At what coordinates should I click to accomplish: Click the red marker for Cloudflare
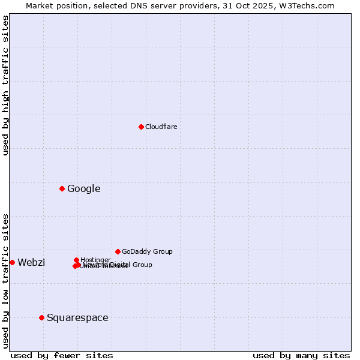click(x=141, y=127)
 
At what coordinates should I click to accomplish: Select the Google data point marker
click(x=62, y=189)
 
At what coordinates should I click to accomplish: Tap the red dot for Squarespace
click(x=41, y=317)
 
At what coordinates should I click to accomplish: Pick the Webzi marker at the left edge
click(x=12, y=262)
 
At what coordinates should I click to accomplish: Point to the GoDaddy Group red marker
click(x=118, y=251)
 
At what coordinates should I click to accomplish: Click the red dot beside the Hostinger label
click(x=76, y=260)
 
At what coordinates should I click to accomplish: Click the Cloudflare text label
click(x=161, y=127)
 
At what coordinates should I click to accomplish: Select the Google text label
click(x=83, y=189)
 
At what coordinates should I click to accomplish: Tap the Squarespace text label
click(x=77, y=317)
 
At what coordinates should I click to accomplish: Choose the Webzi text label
click(x=31, y=262)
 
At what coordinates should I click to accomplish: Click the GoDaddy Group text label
click(x=147, y=251)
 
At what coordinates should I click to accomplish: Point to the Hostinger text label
click(x=95, y=260)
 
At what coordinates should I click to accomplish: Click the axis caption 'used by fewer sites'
click(x=62, y=355)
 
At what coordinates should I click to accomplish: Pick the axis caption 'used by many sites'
click(x=301, y=355)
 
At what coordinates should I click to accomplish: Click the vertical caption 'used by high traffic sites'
click(x=5, y=86)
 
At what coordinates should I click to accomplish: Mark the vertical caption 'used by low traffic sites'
click(x=5, y=280)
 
